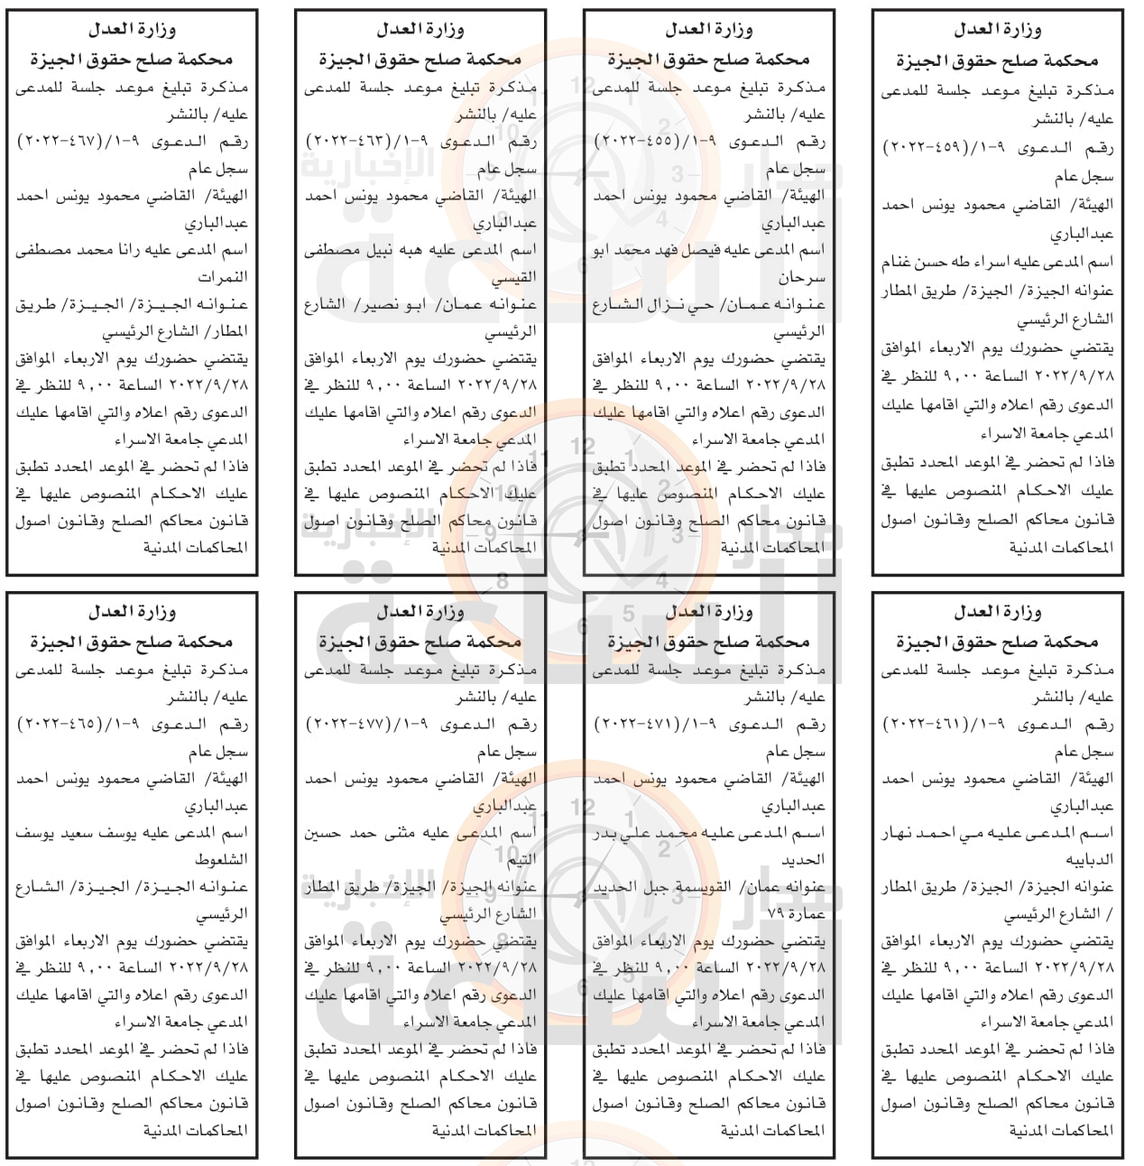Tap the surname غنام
click(x=900, y=263)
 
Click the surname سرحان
click(x=801, y=277)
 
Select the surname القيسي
click(x=513, y=277)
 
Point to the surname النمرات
click(x=223, y=277)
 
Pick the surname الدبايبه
click(x=1089, y=860)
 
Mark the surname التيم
click(x=521, y=860)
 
